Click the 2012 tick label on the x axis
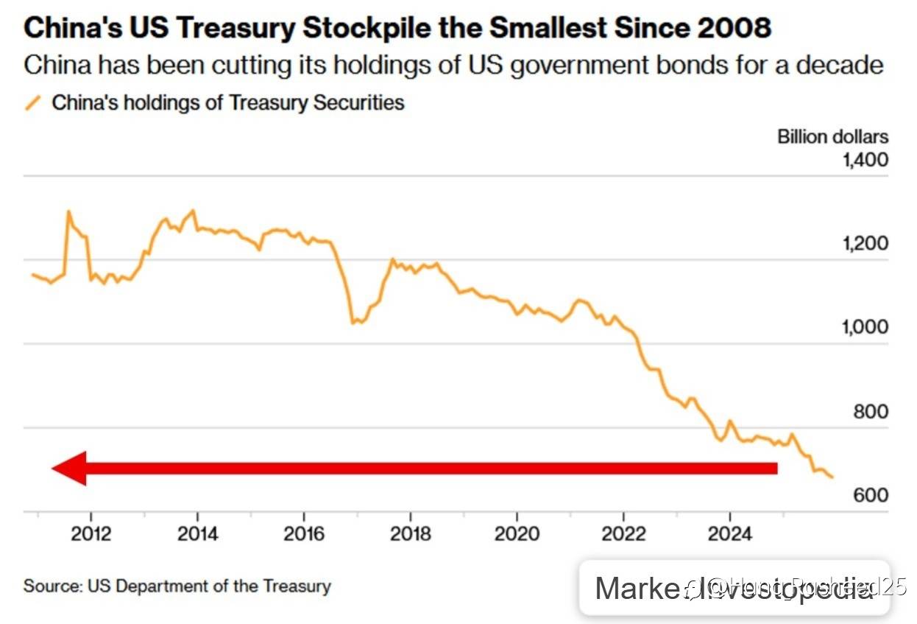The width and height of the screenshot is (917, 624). [x=91, y=533]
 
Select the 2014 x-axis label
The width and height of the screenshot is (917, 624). [x=197, y=533]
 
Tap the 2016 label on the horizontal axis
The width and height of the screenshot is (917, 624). [x=303, y=533]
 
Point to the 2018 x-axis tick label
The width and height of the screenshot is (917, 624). [x=410, y=533]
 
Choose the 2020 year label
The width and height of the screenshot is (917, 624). [x=517, y=533]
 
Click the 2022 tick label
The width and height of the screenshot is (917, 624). [x=623, y=533]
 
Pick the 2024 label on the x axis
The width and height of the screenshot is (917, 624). [x=729, y=533]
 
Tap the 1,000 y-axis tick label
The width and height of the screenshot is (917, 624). [x=865, y=327]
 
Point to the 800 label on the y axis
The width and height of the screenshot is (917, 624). [x=871, y=412]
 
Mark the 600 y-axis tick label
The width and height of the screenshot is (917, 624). [x=871, y=496]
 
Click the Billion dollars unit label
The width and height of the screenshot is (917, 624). [x=832, y=136]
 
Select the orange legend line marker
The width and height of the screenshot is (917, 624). [x=32, y=102]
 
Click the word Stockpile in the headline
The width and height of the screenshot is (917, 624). [x=342, y=28]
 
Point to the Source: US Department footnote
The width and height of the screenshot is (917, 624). [x=177, y=586]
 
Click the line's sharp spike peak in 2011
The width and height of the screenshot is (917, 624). [x=68, y=212]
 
